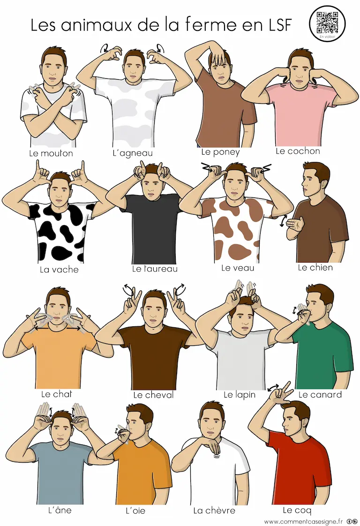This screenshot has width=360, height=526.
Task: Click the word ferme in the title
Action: click(210, 24)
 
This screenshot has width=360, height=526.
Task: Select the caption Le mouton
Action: click(51, 153)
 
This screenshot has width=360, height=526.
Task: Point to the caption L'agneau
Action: click(133, 153)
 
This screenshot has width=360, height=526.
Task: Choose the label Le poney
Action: click(220, 152)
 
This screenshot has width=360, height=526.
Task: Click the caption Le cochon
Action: click(298, 151)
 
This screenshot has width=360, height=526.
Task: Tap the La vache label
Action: click(59, 270)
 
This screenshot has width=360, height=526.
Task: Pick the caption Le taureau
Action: click(155, 269)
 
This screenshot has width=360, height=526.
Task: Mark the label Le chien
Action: click(315, 267)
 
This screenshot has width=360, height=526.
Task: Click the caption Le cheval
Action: click(153, 395)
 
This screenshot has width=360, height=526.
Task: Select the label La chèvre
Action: click(214, 511)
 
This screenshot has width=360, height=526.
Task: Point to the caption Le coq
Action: click(297, 510)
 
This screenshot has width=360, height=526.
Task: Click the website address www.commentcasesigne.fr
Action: click(303, 521)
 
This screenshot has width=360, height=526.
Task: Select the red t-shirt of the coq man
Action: click(299, 470)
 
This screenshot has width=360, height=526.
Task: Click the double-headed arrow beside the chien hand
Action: click(283, 221)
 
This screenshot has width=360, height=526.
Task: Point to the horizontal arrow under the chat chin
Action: click(55, 329)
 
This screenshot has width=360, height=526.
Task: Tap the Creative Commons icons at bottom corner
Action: click(352, 521)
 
